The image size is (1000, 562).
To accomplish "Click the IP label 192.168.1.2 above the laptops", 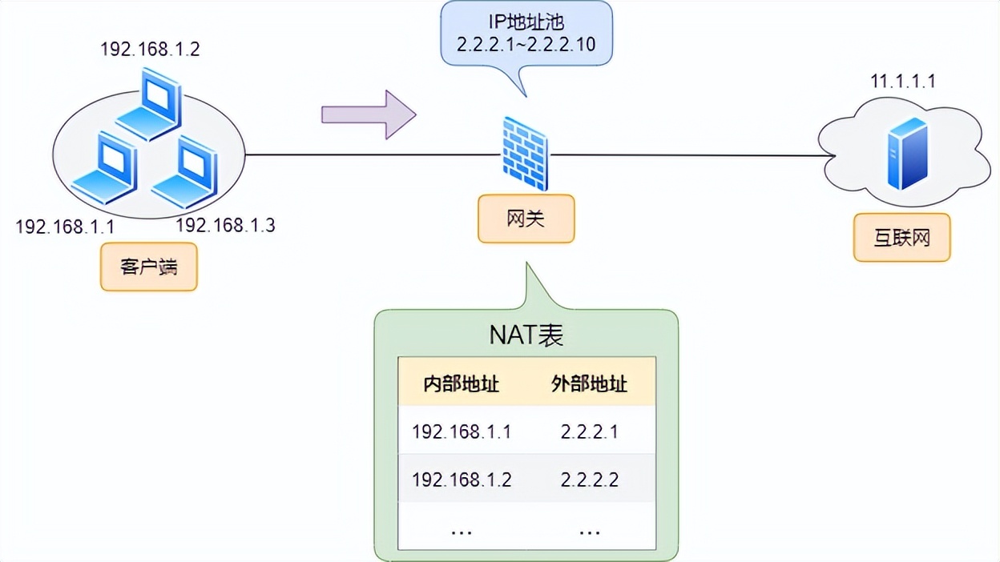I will point(150,50).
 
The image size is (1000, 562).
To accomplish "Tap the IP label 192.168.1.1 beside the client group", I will point(65,227).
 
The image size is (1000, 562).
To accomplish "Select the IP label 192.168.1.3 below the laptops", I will point(225,225).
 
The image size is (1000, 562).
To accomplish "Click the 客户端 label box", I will point(148,267).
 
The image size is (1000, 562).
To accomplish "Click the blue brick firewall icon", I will point(526,154).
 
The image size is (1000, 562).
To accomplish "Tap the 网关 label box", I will point(526,219).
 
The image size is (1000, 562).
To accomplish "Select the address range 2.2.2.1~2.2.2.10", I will point(526,44).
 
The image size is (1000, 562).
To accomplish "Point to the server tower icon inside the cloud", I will point(907,154).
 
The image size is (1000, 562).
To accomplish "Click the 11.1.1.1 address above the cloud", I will point(903,81).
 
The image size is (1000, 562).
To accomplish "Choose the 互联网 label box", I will point(901,238).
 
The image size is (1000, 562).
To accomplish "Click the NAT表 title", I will point(526,335).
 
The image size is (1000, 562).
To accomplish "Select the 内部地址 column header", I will point(462,384).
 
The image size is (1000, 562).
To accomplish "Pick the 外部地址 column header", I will point(590,384).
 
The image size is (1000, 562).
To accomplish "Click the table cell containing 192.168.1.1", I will point(462,432).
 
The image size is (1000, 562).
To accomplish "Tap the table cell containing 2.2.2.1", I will point(590,432).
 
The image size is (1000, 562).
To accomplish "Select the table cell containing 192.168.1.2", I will point(462,480).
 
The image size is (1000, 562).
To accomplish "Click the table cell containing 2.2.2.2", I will point(590,480).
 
